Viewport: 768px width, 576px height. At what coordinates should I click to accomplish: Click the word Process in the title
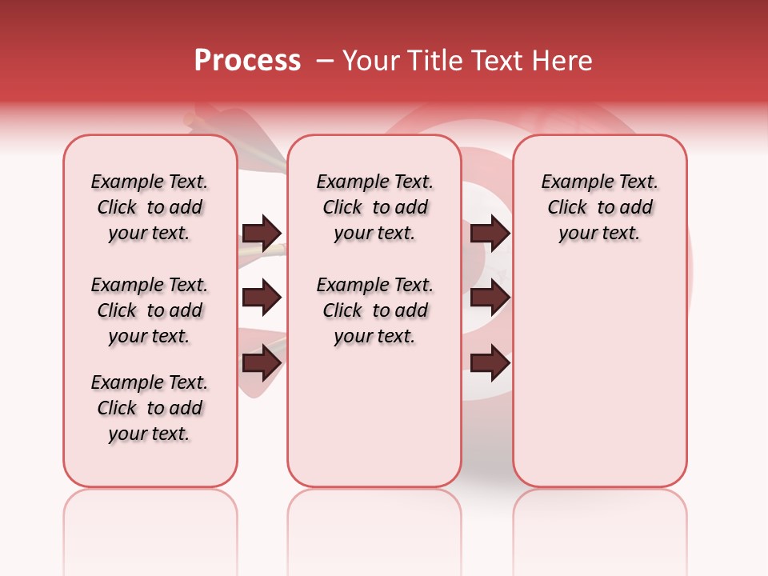click(247, 61)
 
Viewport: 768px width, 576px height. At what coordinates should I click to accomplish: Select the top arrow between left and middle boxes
click(262, 233)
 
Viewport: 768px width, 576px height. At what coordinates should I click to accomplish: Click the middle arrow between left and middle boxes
click(262, 298)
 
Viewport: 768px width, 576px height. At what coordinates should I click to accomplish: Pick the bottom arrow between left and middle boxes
click(262, 364)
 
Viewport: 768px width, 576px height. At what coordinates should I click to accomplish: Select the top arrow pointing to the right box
click(490, 233)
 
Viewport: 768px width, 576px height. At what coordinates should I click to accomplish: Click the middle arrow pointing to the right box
click(490, 298)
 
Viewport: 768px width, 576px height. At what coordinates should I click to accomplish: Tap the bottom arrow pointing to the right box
click(490, 364)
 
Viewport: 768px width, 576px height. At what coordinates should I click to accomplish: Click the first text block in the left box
click(150, 207)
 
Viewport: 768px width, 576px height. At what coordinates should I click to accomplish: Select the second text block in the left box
click(150, 310)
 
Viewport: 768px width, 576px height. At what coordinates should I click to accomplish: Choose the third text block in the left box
click(150, 408)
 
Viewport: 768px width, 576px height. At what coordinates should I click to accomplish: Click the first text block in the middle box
click(374, 207)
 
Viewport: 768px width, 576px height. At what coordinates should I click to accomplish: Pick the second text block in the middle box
click(374, 310)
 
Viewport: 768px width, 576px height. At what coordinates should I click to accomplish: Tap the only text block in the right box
click(599, 207)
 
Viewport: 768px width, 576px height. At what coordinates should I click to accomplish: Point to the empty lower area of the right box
click(599, 376)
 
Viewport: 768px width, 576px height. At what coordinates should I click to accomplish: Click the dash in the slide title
click(325, 61)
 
